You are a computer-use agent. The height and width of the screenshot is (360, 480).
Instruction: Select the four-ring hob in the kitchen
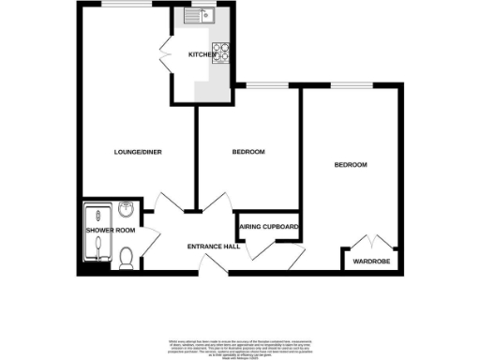(223, 53)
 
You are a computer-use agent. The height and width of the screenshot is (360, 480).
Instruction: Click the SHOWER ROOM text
(111, 231)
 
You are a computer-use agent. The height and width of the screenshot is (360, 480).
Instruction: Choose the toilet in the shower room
(126, 256)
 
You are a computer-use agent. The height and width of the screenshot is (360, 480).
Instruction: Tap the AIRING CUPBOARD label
(270, 228)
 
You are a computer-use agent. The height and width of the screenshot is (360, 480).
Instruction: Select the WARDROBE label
(371, 262)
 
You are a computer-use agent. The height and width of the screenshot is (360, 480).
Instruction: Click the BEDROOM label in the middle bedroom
(248, 152)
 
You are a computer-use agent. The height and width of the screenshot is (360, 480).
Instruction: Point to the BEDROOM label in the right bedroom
(351, 165)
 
